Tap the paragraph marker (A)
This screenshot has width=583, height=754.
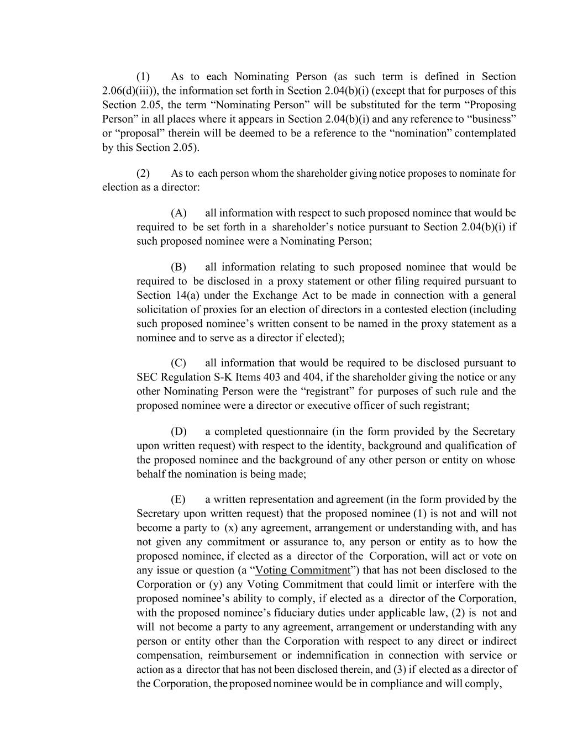click(178, 213)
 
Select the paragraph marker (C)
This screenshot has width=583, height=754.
click(178, 363)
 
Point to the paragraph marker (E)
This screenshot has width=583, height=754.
click(178, 499)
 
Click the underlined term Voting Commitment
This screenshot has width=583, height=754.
click(303, 570)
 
